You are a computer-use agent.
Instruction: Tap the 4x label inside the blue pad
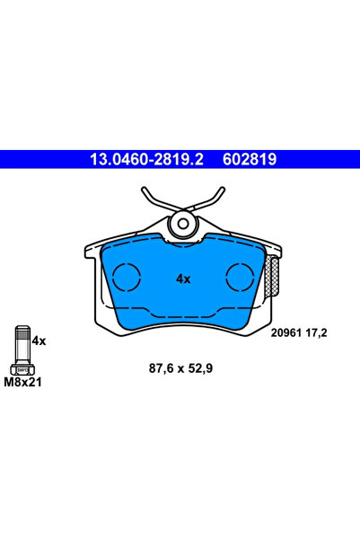pos(183,279)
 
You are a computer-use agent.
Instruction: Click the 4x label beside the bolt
pos(39,341)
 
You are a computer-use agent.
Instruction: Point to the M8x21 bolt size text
pos(24,382)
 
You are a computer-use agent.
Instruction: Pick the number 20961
pos(288,332)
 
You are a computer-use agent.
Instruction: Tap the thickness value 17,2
pos(317,332)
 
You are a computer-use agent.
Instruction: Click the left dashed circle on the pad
pos(127,277)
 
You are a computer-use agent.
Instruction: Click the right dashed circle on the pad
pos(240,277)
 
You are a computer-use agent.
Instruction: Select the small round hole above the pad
pos(183,223)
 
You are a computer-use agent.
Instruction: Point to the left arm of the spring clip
pos(151,202)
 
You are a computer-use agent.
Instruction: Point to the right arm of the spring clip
pos(215,202)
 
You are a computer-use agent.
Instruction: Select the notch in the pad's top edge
pos(183,241)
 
